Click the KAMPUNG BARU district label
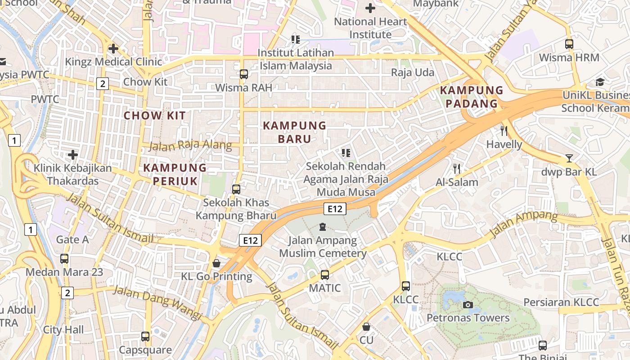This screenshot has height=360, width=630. tap(294, 132)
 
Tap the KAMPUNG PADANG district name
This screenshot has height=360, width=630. tap(471, 97)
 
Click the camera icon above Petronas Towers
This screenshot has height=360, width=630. tap(468, 305)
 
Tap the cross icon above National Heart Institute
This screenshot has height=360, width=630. tap(370, 8)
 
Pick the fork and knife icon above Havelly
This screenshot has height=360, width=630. tap(504, 131)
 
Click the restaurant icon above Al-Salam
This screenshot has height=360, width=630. tap(457, 169)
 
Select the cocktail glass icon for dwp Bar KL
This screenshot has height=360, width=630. tap(569, 158)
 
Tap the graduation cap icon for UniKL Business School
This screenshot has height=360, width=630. tap(600, 82)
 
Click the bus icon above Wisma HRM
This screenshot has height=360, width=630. tap(569, 44)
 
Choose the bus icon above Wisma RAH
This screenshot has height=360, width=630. tap(243, 74)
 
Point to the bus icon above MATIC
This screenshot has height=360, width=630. tap(325, 274)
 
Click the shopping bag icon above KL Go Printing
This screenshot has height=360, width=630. tap(216, 263)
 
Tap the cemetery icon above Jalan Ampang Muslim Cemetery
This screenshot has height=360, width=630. tap(322, 227)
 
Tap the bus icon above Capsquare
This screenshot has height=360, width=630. tap(145, 337)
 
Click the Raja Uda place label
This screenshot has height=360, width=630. tap(413, 72)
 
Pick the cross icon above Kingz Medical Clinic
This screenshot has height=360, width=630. tap(113, 48)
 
